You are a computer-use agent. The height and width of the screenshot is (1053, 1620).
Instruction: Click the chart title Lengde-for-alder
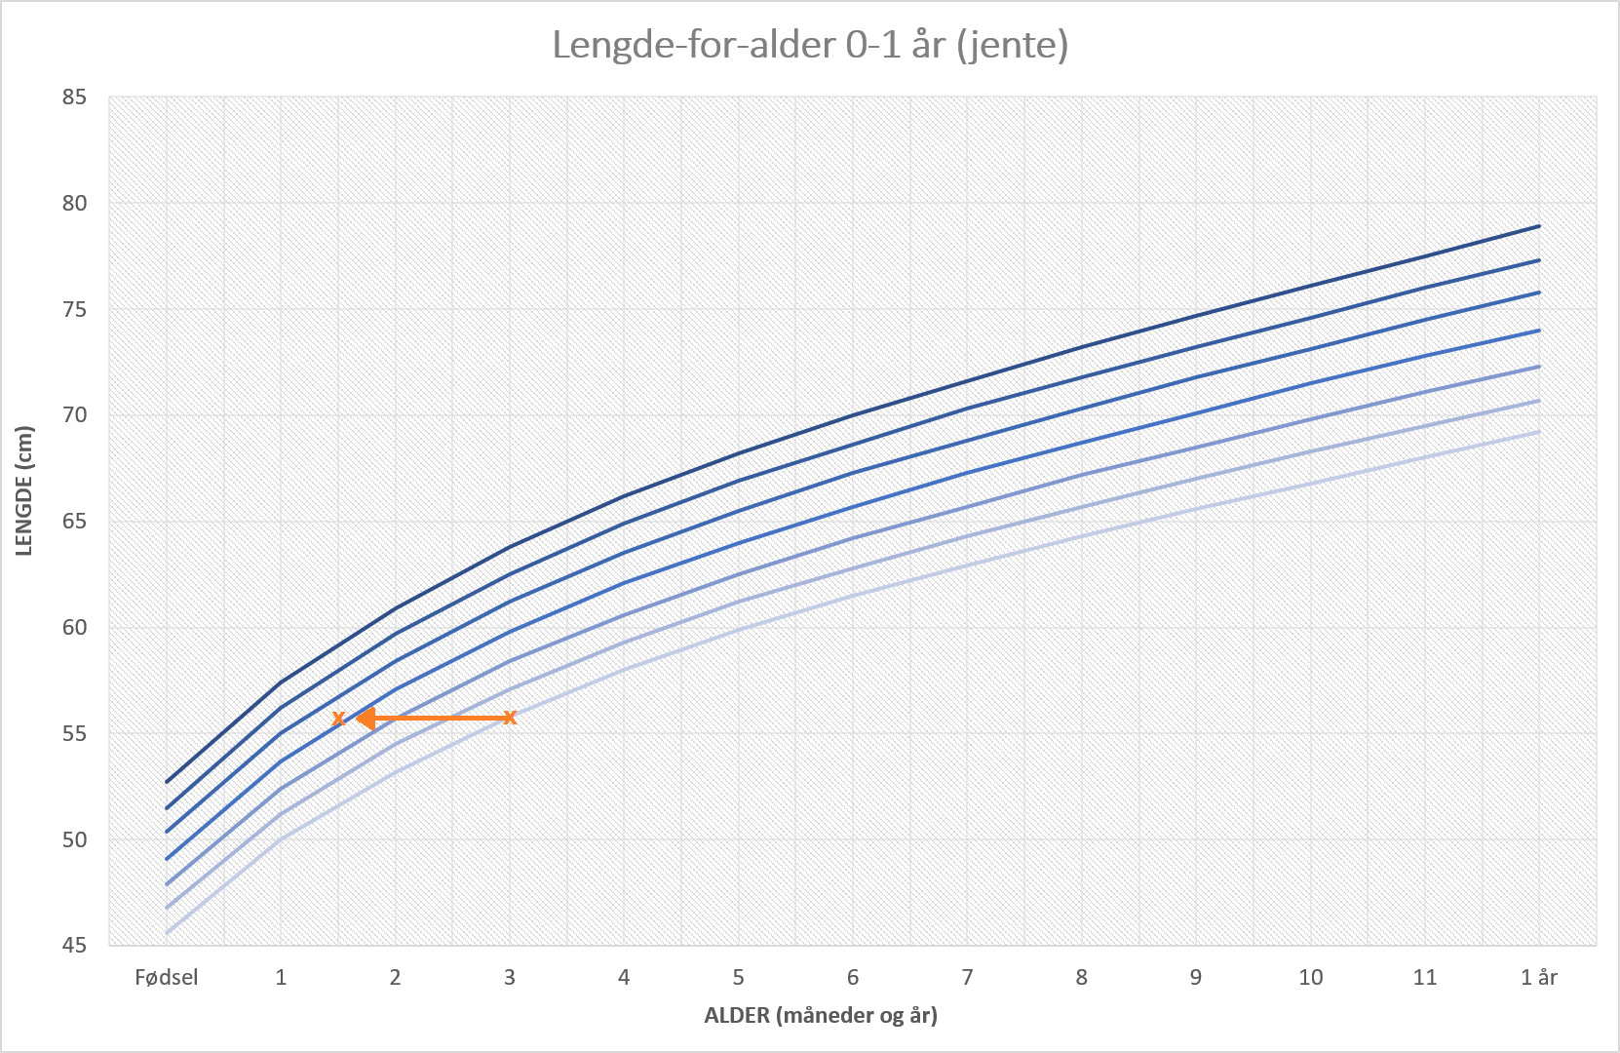(809, 45)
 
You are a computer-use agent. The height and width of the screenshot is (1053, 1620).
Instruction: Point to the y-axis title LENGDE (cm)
(24, 491)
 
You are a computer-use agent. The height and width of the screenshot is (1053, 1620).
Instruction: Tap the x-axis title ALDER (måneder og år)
(821, 1015)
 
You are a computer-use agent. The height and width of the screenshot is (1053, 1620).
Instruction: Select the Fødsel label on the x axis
(167, 977)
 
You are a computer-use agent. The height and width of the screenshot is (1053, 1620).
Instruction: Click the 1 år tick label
(1539, 977)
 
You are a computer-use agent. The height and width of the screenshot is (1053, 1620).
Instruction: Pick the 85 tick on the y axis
(75, 97)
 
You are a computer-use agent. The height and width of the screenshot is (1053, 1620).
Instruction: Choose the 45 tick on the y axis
(75, 945)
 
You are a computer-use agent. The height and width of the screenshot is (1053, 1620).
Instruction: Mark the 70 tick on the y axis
(75, 415)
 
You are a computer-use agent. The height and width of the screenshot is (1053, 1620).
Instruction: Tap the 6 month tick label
(853, 977)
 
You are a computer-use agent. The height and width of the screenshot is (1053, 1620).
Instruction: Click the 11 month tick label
(1425, 977)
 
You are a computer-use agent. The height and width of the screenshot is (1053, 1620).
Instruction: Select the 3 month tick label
(510, 977)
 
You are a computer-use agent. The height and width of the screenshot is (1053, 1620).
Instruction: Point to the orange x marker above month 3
(510, 719)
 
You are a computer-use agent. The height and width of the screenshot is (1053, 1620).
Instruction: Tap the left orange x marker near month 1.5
(338, 719)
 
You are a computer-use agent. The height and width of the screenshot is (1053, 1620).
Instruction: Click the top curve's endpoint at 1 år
(1539, 225)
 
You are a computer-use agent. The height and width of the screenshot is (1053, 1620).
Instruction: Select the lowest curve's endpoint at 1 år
(1539, 431)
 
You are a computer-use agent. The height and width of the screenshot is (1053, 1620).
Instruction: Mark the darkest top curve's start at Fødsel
(167, 782)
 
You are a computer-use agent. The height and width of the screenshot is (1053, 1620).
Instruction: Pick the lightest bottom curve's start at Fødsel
(167, 933)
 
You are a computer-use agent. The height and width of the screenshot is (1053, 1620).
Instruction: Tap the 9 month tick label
(1196, 977)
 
